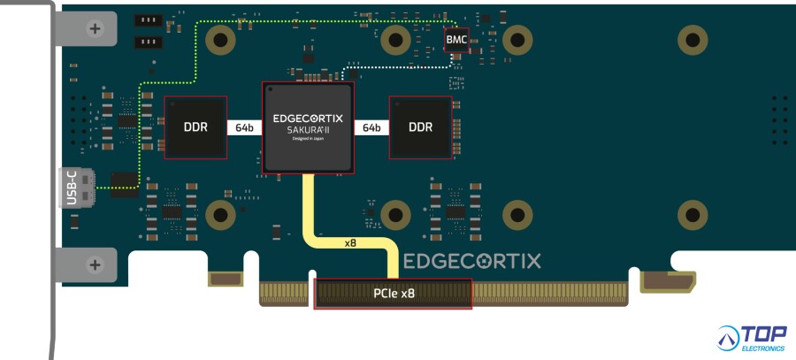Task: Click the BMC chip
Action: [x=456, y=40]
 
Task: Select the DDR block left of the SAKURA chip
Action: [x=195, y=127]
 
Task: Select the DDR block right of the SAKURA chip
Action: [x=421, y=127]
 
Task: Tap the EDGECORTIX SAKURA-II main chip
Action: [x=308, y=127]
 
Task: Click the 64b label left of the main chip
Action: [x=244, y=127]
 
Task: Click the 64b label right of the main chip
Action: [x=372, y=127]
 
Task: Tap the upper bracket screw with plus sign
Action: [x=96, y=28]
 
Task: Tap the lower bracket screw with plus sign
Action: [x=96, y=264]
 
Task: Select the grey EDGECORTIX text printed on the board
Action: [x=472, y=261]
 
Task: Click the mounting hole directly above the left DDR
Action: [x=219, y=38]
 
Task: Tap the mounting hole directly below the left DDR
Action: [x=219, y=215]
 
